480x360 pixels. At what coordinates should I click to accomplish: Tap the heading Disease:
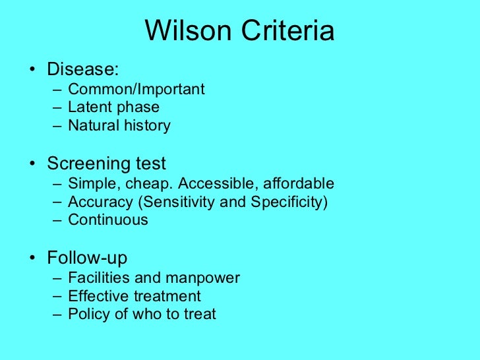pyautogui.click(x=82, y=69)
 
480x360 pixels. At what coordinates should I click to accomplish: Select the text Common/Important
pyautogui.click(x=136, y=89)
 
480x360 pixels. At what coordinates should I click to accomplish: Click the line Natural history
pyautogui.click(x=119, y=125)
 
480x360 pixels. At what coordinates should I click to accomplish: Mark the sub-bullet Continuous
pyautogui.click(x=108, y=220)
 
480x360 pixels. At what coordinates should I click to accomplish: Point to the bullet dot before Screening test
pyautogui.click(x=33, y=164)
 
